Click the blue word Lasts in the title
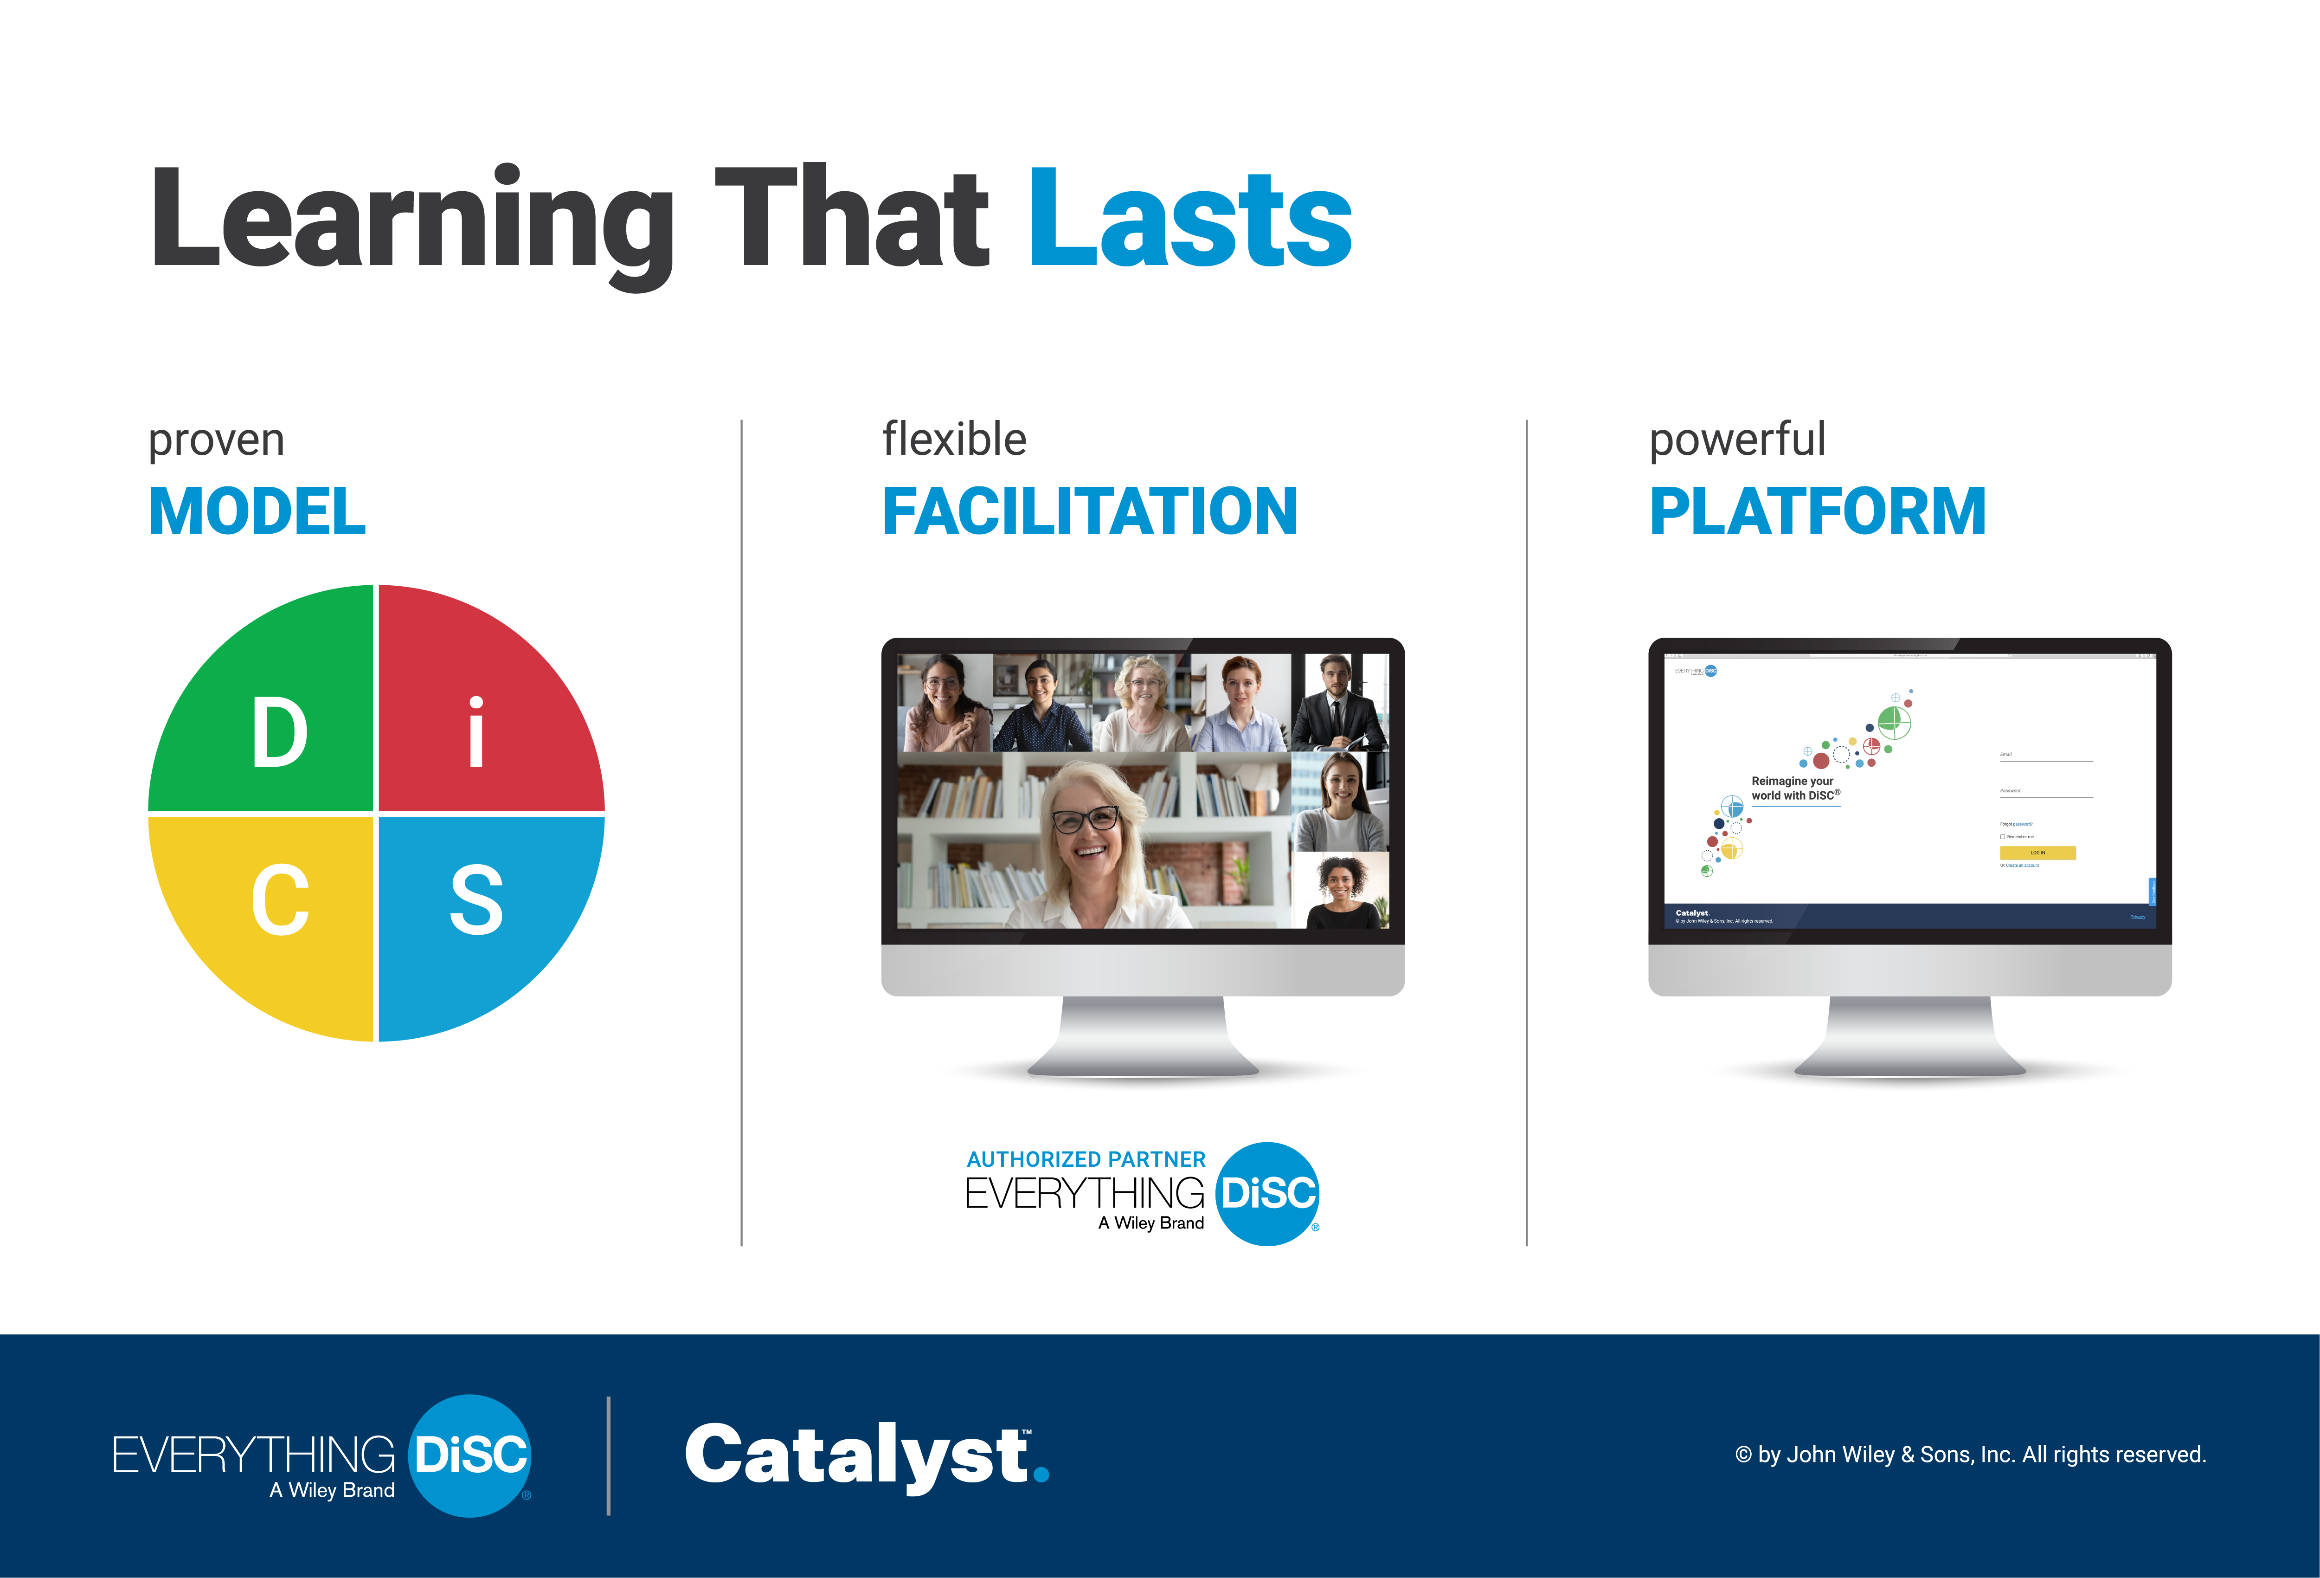click(1190, 220)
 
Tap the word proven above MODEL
click(216, 440)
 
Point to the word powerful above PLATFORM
click(1737, 440)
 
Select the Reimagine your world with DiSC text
click(1794, 788)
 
